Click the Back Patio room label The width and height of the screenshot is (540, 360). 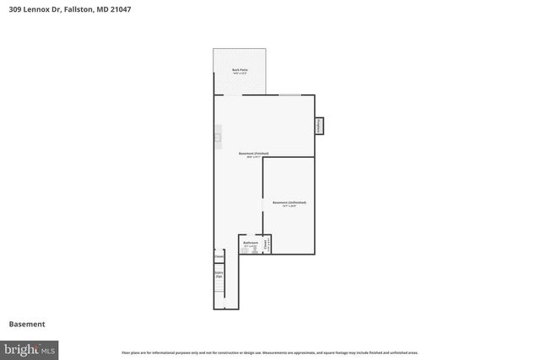tap(239, 71)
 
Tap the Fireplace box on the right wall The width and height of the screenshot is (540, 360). tap(320, 125)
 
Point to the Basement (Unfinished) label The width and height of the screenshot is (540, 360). tap(289, 203)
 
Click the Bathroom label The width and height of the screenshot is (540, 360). tap(250, 243)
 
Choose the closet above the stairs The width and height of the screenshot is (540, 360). tap(219, 257)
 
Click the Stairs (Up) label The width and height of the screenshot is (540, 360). tap(219, 274)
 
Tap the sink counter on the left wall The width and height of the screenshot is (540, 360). tap(217, 136)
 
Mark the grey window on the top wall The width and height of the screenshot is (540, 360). tap(290, 94)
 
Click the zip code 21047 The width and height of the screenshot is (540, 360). tap(119, 9)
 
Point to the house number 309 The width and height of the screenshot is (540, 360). tap(15, 9)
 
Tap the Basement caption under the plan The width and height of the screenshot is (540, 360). tap(27, 324)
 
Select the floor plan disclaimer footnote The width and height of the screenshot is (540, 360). tap(269, 352)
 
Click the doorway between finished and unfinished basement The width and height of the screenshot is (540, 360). tap(262, 207)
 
